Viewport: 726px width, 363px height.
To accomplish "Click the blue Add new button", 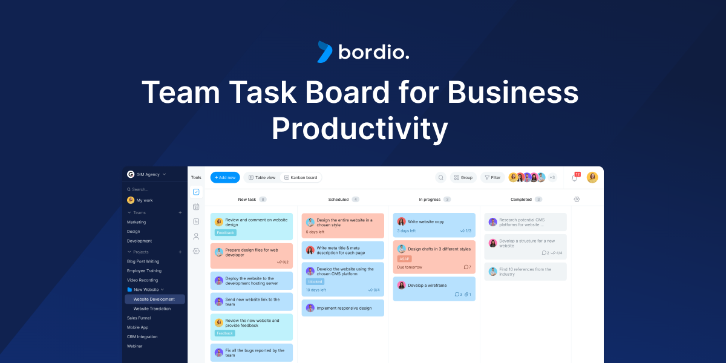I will [225, 177].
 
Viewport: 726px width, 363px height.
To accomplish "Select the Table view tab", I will [262, 177].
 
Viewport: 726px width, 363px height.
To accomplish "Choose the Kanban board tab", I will [301, 177].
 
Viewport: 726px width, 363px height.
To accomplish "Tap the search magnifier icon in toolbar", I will [441, 177].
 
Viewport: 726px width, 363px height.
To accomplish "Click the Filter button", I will [492, 177].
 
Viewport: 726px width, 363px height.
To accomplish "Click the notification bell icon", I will [575, 178].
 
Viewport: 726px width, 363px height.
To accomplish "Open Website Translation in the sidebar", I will [152, 309].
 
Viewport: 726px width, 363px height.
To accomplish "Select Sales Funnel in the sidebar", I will [139, 318].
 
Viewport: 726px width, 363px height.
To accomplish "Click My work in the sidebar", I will [144, 200].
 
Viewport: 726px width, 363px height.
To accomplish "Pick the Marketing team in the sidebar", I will [136, 222].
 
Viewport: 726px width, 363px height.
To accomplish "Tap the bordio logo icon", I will [325, 52].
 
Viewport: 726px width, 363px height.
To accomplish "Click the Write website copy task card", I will [434, 225].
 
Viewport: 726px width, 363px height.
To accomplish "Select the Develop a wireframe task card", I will [434, 289].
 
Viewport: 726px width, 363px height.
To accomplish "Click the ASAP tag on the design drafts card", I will [404, 258].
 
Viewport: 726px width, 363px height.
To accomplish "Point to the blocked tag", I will [315, 281].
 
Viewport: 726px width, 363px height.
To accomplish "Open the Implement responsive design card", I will [342, 308].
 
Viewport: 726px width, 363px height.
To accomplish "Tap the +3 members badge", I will [552, 177].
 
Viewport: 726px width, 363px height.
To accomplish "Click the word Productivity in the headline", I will [359, 128].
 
